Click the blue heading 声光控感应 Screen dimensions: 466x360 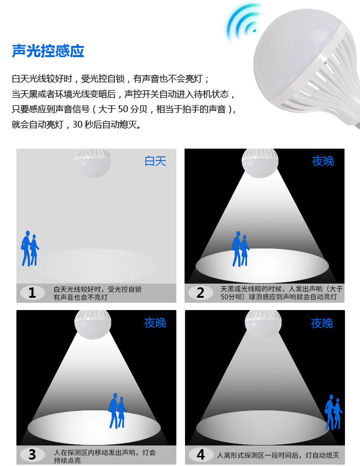(x=48, y=51)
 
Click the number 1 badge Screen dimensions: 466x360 (x=32, y=293)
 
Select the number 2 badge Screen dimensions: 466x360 (x=200, y=293)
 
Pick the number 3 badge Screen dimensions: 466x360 (x=32, y=454)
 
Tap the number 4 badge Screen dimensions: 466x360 (x=201, y=454)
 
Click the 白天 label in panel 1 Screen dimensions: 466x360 (x=155, y=161)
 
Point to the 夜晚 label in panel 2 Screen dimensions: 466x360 (x=323, y=161)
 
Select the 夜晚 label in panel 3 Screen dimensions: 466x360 (x=155, y=323)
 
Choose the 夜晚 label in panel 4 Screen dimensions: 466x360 (x=322, y=323)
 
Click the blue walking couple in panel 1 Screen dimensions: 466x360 (x=30, y=249)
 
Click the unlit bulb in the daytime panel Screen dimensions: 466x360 (x=93, y=163)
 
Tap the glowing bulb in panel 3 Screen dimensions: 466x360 (x=93, y=324)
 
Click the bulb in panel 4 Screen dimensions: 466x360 (x=263, y=324)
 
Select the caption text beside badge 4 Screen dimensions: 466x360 (x=278, y=455)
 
